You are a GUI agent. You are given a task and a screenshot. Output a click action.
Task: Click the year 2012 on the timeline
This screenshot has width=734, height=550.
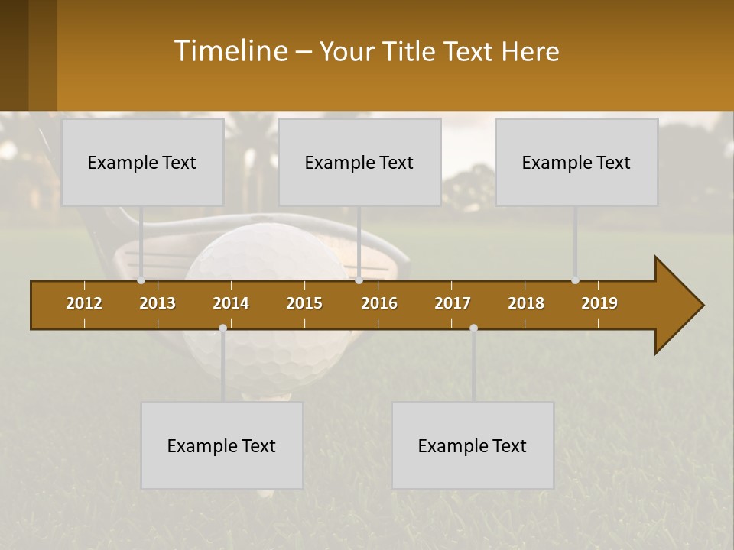pyautogui.click(x=84, y=303)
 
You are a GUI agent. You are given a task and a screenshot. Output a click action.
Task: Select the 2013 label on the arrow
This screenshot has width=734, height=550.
pyautogui.click(x=158, y=303)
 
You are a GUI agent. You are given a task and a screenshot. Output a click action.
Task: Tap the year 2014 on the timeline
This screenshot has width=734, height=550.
pyautogui.click(x=231, y=303)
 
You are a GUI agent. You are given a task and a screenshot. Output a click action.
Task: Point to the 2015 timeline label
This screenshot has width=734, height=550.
pyautogui.click(x=304, y=303)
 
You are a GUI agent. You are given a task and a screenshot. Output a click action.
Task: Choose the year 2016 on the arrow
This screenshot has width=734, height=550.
pyautogui.click(x=379, y=303)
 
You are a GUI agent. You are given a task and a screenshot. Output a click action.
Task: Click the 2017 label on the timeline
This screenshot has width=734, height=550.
pyautogui.click(x=453, y=303)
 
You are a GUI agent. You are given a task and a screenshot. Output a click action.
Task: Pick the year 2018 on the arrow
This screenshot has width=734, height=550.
pyautogui.click(x=526, y=303)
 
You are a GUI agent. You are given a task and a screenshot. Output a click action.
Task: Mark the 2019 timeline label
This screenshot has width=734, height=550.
pyautogui.click(x=599, y=303)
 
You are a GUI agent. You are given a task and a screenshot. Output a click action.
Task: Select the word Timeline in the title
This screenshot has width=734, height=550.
pyautogui.click(x=230, y=51)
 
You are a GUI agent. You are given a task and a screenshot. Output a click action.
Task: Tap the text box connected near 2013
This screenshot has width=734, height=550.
pyautogui.click(x=142, y=162)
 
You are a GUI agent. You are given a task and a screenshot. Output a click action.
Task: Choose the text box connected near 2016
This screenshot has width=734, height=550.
pyautogui.click(x=359, y=162)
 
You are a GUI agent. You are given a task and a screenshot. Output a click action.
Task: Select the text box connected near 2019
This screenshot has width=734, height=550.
pyautogui.click(x=576, y=162)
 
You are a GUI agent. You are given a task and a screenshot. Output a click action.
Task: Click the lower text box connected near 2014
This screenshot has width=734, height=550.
pyautogui.click(x=222, y=445)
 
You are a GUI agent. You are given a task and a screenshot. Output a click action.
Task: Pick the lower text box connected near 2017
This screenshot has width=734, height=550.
pyautogui.click(x=473, y=445)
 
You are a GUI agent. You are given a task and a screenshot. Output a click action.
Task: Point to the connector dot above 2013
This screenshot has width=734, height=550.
pyautogui.click(x=141, y=280)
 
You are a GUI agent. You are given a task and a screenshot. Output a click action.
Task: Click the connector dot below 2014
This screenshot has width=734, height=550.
pyautogui.click(x=222, y=328)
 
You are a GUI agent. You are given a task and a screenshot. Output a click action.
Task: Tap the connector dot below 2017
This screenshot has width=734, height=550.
pyautogui.click(x=473, y=328)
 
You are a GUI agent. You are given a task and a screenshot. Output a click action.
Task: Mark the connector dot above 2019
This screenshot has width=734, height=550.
pyautogui.click(x=575, y=280)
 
